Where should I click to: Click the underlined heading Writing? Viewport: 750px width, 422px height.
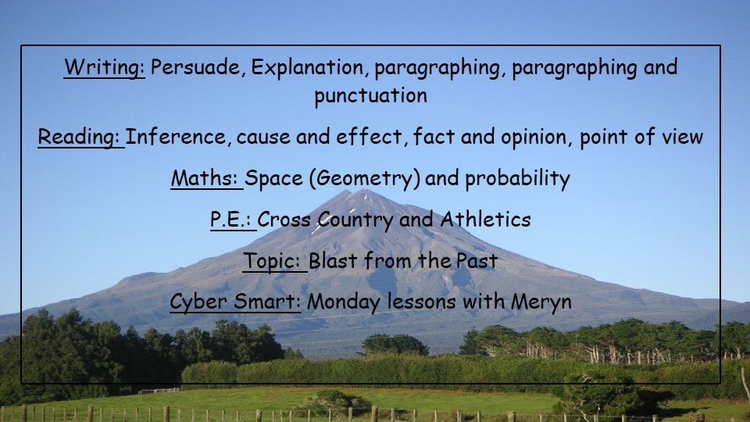coord(104,67)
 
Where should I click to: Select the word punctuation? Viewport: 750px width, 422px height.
coord(370,96)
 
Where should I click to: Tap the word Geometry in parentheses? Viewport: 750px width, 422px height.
coord(364,179)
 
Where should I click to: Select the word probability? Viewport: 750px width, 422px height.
coord(517,179)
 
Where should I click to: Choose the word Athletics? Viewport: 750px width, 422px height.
coord(485,220)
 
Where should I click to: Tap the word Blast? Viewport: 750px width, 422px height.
coord(333,261)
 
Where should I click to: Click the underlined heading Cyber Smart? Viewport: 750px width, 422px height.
coord(235,302)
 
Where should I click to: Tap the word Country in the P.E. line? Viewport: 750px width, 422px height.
coord(355,220)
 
